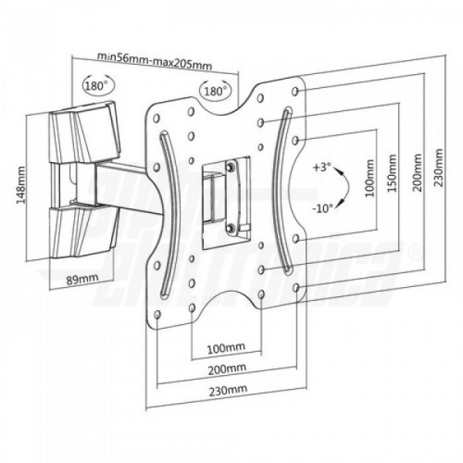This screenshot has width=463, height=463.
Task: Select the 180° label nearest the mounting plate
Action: (215, 91)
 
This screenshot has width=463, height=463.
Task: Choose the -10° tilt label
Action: (323, 206)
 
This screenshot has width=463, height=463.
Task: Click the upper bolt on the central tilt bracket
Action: (230, 165)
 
